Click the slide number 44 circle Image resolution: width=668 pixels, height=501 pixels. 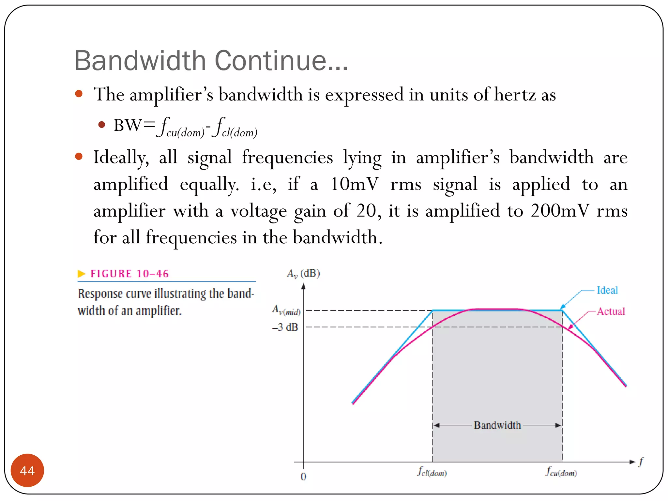click(x=27, y=470)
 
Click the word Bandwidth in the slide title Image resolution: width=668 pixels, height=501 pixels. click(x=140, y=61)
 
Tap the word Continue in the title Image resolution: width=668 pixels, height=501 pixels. click(x=281, y=61)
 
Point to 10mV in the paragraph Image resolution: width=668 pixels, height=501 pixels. click(x=354, y=184)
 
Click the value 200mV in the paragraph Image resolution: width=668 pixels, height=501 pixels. click(x=560, y=211)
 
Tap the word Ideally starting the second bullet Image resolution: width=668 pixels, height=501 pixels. click(x=121, y=158)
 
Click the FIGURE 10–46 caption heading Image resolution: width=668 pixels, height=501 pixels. click(x=129, y=274)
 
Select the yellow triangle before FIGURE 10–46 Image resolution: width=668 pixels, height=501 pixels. click(x=81, y=274)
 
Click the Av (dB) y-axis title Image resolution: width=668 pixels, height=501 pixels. click(x=303, y=273)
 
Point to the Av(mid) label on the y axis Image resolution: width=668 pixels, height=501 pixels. click(x=286, y=310)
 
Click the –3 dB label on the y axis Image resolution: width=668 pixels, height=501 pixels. click(x=285, y=327)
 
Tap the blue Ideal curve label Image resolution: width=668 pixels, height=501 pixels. click(x=607, y=290)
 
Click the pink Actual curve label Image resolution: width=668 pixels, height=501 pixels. click(x=611, y=311)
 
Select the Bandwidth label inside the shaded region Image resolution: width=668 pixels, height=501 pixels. click(x=497, y=425)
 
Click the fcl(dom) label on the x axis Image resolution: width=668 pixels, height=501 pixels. click(x=432, y=472)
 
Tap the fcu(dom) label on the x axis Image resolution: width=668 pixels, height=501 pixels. click(x=561, y=472)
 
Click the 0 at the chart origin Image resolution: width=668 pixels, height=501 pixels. click(x=303, y=477)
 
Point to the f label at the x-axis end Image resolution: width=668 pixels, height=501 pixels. click(x=641, y=462)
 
